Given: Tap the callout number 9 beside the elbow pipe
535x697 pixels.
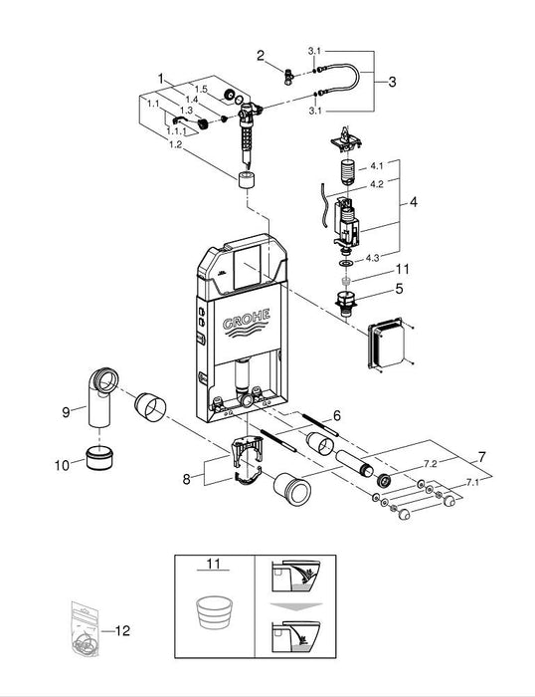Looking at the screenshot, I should (x=66, y=409).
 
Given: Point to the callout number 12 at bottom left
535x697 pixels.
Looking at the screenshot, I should (x=122, y=629).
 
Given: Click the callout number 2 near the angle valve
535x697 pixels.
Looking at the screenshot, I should (x=261, y=56).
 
